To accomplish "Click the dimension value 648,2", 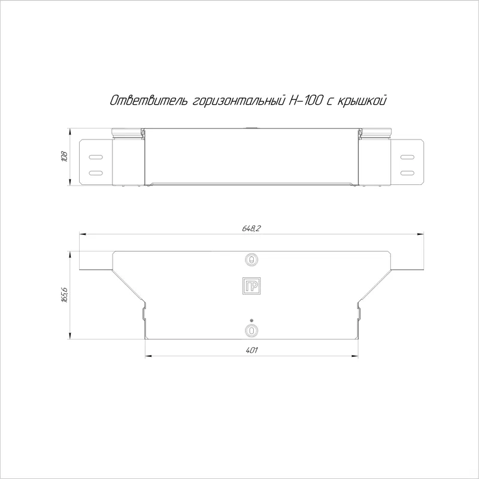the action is (x=251, y=228).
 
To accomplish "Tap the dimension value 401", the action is (x=251, y=350).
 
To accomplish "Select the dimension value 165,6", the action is (x=65, y=295).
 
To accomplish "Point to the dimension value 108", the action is (x=65, y=156).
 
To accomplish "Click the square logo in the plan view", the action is (x=251, y=286).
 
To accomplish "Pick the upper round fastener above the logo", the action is (x=251, y=260).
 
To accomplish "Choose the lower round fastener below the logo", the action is (x=251, y=331).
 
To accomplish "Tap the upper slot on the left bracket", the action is (x=96, y=157).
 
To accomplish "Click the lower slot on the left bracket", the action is (x=96, y=173).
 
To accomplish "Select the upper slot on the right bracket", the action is (x=407, y=157).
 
